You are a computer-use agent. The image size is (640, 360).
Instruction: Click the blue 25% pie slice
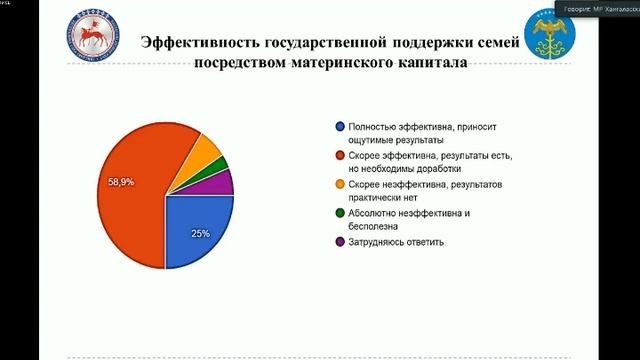coord(196,228)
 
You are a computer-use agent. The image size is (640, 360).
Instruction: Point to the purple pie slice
coord(221,182)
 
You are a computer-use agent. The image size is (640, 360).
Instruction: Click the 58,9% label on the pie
coord(122,182)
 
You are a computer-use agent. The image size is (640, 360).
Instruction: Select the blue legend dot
coord(340,127)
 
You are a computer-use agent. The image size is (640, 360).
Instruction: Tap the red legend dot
coord(340,156)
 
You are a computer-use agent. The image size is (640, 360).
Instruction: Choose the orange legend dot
coord(340,184)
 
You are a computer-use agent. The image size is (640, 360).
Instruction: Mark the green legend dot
coord(340,213)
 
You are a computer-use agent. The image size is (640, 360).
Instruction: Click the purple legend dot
coord(340,242)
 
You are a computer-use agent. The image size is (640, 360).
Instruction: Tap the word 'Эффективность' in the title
coord(201,43)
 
